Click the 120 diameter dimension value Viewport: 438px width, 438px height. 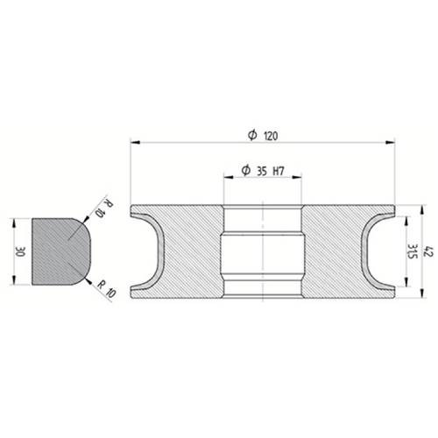click(x=271, y=136)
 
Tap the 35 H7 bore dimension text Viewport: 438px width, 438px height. click(x=270, y=171)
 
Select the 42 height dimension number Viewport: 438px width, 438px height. click(x=429, y=252)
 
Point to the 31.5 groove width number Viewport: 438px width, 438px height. click(x=413, y=251)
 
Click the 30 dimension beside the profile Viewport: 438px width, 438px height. click(x=21, y=251)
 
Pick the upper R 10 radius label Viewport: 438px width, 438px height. click(x=104, y=208)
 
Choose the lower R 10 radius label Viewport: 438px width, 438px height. click(x=107, y=289)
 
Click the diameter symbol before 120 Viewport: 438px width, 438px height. click(x=252, y=135)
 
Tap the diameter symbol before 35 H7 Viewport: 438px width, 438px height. click(x=246, y=170)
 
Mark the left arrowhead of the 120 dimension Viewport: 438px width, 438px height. click(x=135, y=143)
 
